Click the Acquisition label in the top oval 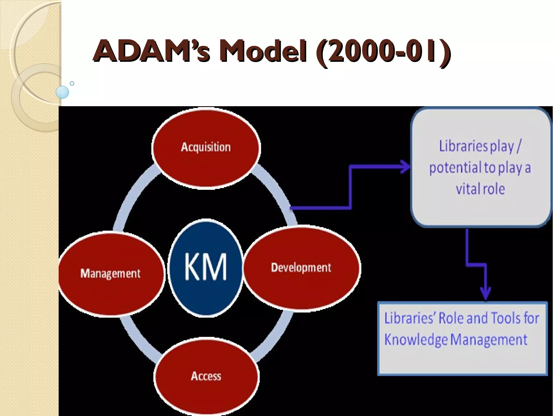(206, 147)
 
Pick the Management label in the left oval (110, 273)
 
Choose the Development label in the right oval (301, 268)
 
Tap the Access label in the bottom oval (206, 376)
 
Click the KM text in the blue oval (206, 267)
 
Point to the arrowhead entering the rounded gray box (406, 167)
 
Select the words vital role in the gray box (480, 189)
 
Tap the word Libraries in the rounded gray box (463, 146)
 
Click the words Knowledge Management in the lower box (456, 340)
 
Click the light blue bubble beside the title (62, 92)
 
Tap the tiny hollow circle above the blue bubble (72, 83)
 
